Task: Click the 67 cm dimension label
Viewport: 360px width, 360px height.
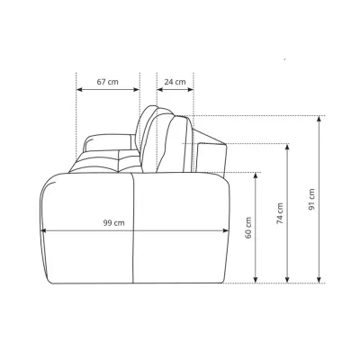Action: click(x=107, y=82)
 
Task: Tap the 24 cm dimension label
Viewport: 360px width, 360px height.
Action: click(x=175, y=82)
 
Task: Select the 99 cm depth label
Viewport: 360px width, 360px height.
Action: click(x=114, y=223)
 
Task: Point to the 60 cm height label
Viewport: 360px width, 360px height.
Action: click(x=248, y=228)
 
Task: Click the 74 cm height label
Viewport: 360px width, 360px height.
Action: click(x=280, y=213)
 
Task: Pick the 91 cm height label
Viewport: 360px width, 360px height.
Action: click(x=311, y=199)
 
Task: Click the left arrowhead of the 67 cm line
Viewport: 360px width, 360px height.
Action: click(x=79, y=89)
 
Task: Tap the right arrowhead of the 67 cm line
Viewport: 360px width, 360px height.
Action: click(x=137, y=89)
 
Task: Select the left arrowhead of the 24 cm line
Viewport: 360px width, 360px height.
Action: click(x=160, y=89)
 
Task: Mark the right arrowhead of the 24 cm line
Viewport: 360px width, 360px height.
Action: click(x=190, y=89)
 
